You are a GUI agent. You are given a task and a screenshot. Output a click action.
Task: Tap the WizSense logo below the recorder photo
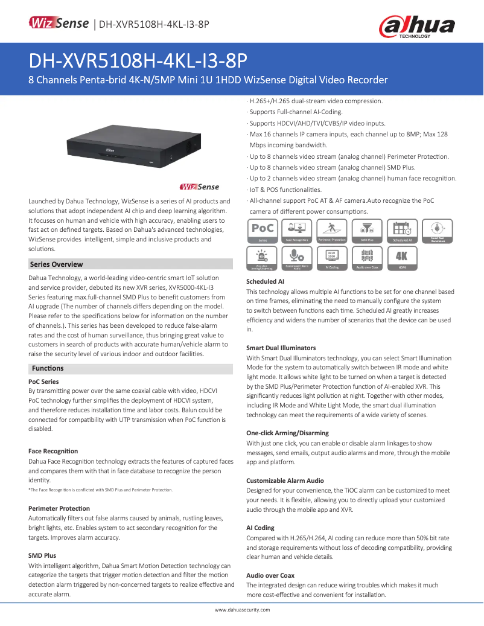(x=200, y=187)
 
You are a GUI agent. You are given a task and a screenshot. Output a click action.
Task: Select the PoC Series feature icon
(x=263, y=231)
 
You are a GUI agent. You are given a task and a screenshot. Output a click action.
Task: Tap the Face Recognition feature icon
(x=296, y=231)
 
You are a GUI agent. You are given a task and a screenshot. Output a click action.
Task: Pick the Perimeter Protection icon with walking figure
(x=331, y=231)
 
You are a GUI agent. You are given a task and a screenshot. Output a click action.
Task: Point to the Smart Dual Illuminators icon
(x=437, y=231)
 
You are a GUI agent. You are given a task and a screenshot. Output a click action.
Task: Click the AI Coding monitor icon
(x=331, y=258)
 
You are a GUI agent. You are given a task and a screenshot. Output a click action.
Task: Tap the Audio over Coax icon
(x=367, y=258)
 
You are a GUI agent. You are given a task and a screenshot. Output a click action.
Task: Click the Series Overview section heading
(x=57, y=264)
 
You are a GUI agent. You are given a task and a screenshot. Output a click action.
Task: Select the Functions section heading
(x=48, y=368)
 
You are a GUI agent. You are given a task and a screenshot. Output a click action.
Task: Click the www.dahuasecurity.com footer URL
(x=242, y=610)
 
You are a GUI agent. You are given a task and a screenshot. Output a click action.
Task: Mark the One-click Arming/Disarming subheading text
(x=287, y=433)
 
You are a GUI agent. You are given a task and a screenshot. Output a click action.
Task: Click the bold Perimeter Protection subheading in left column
(x=59, y=508)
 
